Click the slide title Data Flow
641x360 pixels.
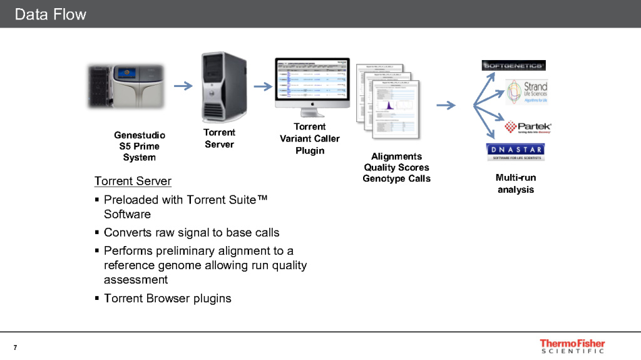click(50, 14)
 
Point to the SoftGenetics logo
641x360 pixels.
click(514, 65)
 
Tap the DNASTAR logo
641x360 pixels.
click(515, 152)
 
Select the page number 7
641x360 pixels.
click(14, 347)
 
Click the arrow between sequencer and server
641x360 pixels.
click(183, 86)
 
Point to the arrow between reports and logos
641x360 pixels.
click(446, 105)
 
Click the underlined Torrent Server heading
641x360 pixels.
click(133, 181)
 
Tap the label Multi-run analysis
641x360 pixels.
click(516, 183)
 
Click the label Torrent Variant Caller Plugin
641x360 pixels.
click(310, 138)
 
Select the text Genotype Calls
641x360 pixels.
click(396, 178)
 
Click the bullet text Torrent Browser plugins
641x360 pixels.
click(167, 298)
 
